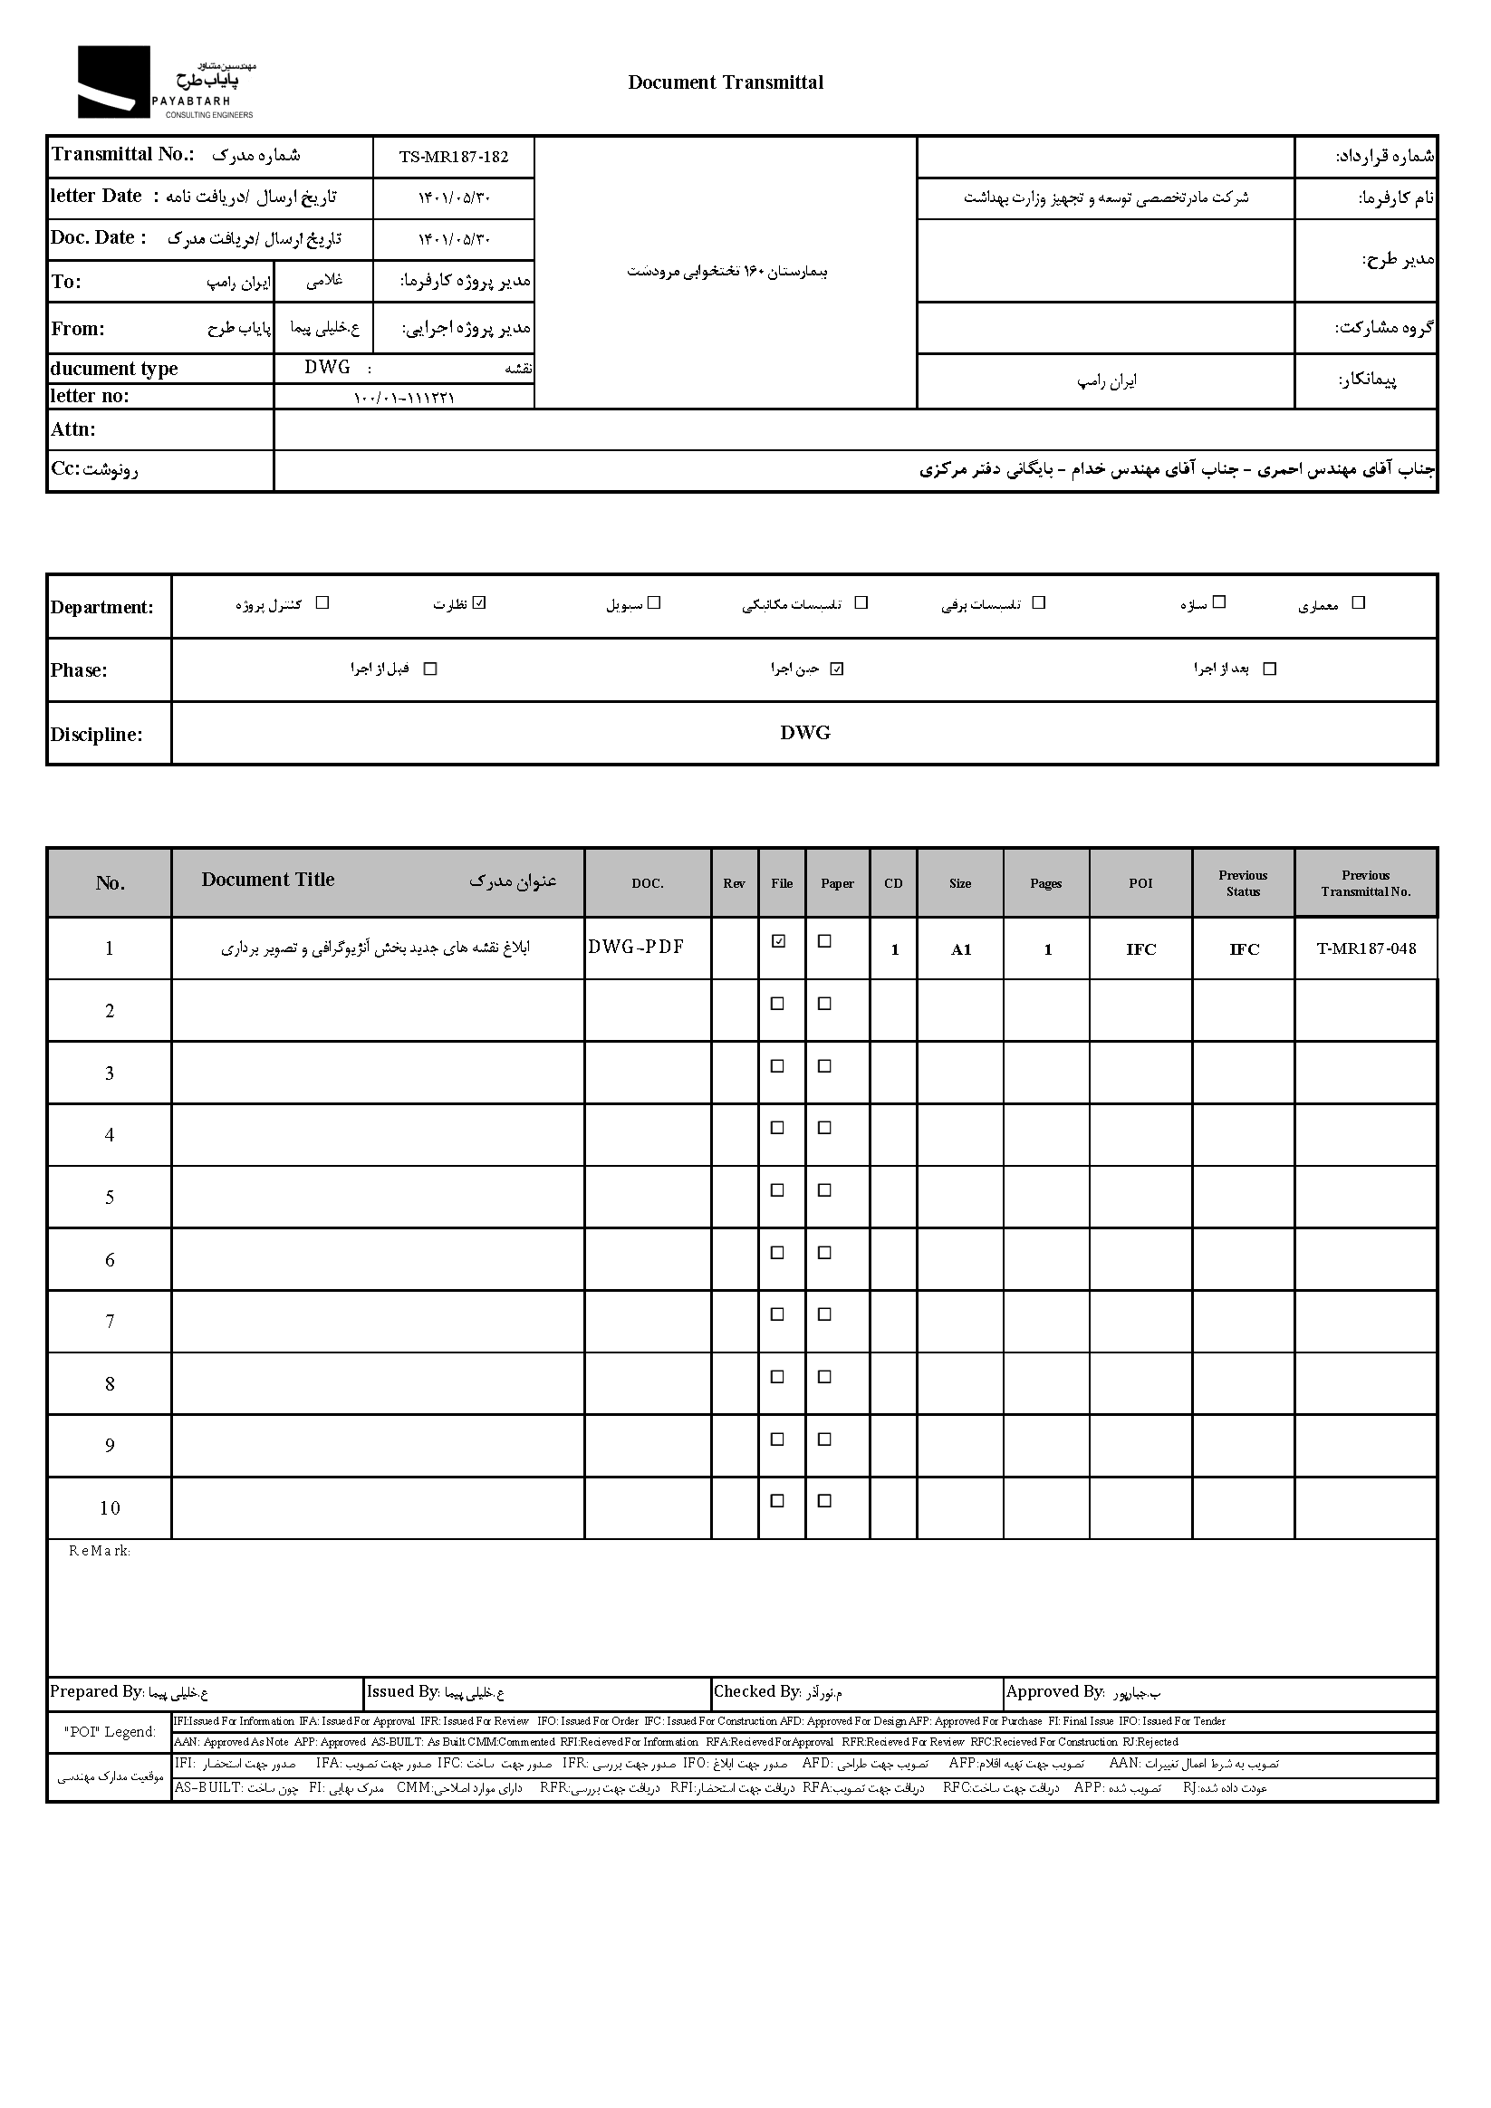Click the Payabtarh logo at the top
click(165, 82)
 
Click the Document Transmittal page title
click(726, 82)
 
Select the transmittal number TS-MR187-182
click(454, 157)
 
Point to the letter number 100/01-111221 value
click(404, 398)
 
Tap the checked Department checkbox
click(479, 603)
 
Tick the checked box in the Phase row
click(836, 669)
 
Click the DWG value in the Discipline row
click(804, 733)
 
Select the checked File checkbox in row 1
click(778, 941)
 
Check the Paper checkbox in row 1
click(824, 941)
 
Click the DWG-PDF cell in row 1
click(636, 947)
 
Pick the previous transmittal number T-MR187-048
click(1365, 948)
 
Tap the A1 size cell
click(960, 949)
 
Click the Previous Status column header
click(1243, 883)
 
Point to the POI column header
click(1140, 883)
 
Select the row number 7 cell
click(110, 1321)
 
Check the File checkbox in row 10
click(777, 1501)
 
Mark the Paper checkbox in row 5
click(824, 1189)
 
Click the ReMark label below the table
click(99, 1551)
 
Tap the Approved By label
click(1055, 1691)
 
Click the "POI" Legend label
click(110, 1731)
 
